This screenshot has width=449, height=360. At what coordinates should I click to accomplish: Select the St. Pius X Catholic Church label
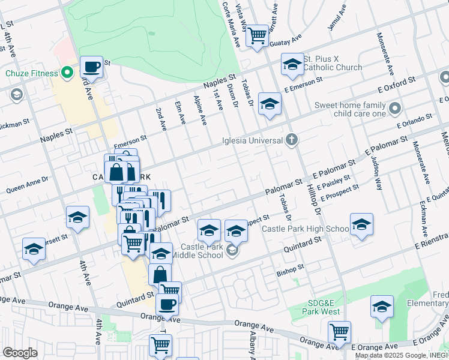click(x=332, y=64)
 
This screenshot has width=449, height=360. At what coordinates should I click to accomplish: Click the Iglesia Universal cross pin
click(x=292, y=140)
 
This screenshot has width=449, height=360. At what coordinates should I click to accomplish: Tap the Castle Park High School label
click(x=305, y=229)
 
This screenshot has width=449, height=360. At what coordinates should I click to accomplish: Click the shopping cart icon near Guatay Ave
click(x=258, y=35)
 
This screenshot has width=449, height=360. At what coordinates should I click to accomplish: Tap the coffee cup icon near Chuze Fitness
click(x=91, y=67)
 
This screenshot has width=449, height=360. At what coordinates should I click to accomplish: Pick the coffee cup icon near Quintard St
click(x=167, y=304)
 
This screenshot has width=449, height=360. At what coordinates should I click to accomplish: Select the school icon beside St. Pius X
click(x=292, y=65)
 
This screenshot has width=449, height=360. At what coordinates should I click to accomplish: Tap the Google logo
click(x=20, y=352)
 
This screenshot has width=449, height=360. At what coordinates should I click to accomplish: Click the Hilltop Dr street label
click(x=314, y=200)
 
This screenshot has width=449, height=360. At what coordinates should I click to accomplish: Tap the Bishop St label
click(x=291, y=272)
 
